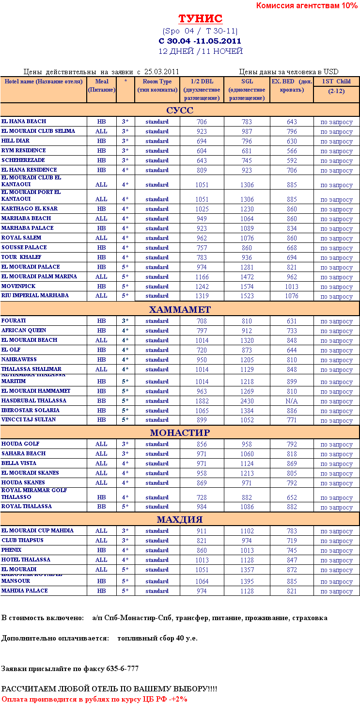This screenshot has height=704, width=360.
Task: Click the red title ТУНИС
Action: [x=200, y=19]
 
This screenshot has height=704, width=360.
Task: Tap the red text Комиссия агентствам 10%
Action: [x=306, y=6]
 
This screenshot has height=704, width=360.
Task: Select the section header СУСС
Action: [x=180, y=110]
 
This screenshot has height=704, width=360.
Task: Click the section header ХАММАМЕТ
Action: [x=180, y=309]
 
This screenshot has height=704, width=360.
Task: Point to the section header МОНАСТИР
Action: [x=180, y=432]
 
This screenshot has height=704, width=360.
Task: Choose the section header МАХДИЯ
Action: [x=180, y=520]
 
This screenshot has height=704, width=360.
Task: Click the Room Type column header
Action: [x=157, y=86]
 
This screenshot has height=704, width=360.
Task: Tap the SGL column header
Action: [x=247, y=90]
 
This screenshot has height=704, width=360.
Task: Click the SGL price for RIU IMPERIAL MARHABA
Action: [x=247, y=296]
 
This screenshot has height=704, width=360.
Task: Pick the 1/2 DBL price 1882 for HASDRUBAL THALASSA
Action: [x=202, y=401]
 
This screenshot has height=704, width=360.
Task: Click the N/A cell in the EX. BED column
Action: [x=291, y=401]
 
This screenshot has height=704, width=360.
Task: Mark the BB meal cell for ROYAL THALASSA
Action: [x=101, y=507]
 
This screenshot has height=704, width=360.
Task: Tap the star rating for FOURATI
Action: [x=125, y=321]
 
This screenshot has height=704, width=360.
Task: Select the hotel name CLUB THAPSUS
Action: [x=22, y=540]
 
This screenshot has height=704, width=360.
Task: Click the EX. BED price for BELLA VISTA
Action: [x=291, y=464]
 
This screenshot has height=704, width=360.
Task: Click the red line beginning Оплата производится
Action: [x=94, y=699]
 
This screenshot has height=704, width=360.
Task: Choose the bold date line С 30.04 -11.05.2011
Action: [x=200, y=41]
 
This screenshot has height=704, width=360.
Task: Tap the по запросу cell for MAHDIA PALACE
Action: [x=337, y=592]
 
